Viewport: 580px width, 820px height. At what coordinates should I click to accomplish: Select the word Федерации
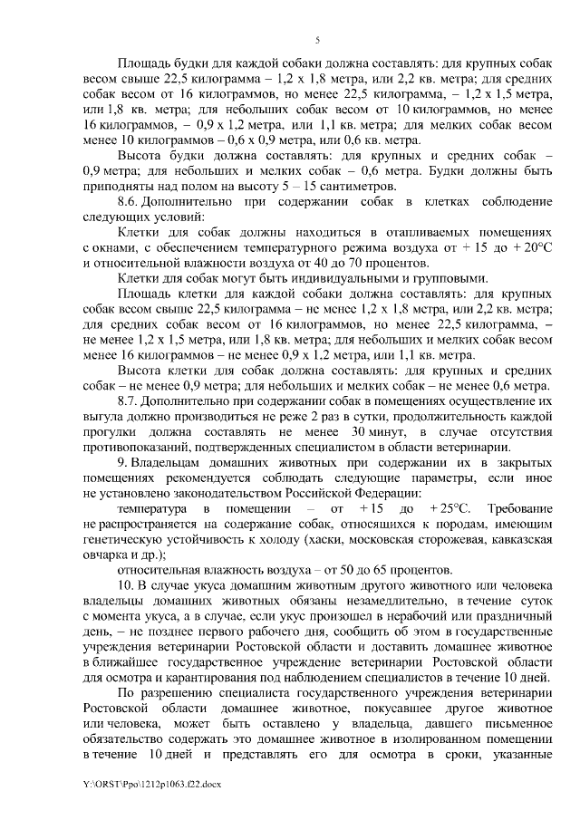coord(383,492)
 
